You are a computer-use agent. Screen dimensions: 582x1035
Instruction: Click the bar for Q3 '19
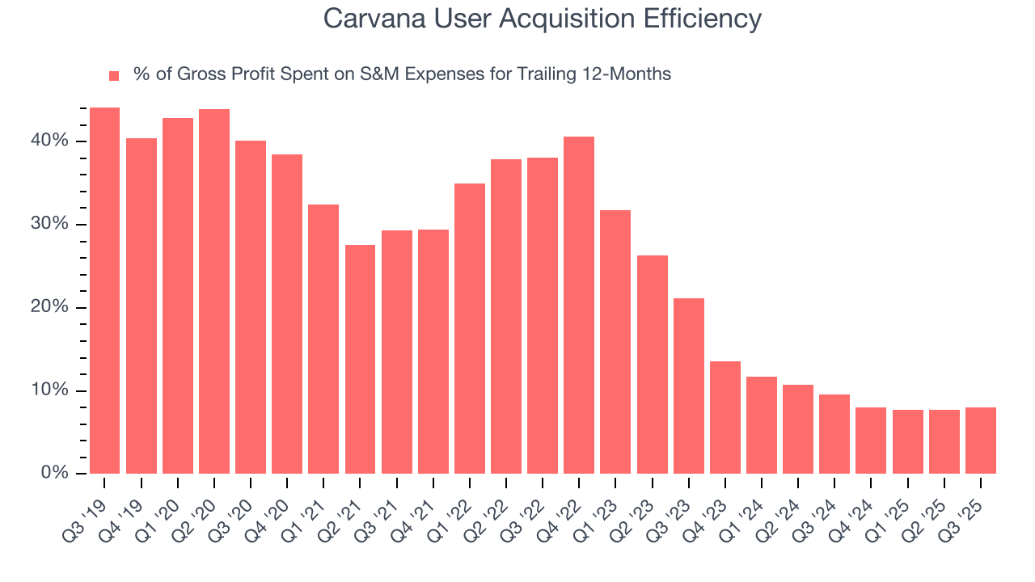[x=104, y=291]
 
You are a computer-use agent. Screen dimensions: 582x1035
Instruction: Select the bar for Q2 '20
[x=214, y=292]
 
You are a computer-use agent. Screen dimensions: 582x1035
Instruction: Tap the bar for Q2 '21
[x=360, y=360]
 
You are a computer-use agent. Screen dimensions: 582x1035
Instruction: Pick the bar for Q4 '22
[x=579, y=306]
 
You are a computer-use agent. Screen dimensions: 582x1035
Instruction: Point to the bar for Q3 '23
[x=689, y=386]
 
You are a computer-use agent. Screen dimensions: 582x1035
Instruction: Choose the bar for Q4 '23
[x=725, y=418]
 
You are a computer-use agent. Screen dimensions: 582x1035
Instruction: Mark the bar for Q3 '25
[x=981, y=441]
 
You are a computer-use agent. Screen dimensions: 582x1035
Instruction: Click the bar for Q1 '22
[x=470, y=329]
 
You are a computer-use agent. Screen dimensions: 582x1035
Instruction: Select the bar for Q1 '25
[x=908, y=442]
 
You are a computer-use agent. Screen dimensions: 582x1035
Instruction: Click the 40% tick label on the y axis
[x=49, y=141]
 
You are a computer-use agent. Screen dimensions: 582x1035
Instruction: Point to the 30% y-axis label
[x=49, y=224]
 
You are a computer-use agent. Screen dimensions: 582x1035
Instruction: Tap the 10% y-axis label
[x=49, y=390]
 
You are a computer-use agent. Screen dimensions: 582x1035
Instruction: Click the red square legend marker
[x=114, y=76]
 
